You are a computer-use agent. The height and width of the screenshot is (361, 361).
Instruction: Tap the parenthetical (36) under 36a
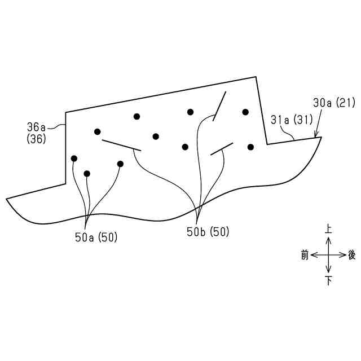tap(36, 138)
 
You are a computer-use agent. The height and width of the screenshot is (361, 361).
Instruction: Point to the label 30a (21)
tap(333, 103)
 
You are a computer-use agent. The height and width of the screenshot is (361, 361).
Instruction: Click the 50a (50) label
tap(96, 237)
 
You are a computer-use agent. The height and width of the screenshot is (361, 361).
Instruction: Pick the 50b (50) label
tap(208, 232)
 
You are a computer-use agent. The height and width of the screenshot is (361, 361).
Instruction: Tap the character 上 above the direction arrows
tap(328, 230)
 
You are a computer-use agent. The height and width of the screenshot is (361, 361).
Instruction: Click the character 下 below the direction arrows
tap(328, 280)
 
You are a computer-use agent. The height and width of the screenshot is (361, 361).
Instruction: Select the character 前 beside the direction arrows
tap(305, 255)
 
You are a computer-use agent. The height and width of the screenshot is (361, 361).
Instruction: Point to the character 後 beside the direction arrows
tap(352, 255)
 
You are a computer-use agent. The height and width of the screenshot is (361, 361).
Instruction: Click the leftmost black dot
tap(74, 158)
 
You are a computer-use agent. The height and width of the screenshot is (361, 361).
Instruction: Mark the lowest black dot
tap(87, 173)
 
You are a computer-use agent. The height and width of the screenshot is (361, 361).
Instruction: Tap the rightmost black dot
tap(250, 147)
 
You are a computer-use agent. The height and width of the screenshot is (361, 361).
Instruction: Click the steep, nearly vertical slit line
tap(219, 105)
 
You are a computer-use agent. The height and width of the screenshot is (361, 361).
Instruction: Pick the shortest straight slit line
tap(222, 149)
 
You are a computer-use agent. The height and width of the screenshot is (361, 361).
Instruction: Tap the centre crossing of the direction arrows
tap(328, 255)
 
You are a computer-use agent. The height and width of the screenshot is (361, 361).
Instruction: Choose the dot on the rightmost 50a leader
tap(120, 164)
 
